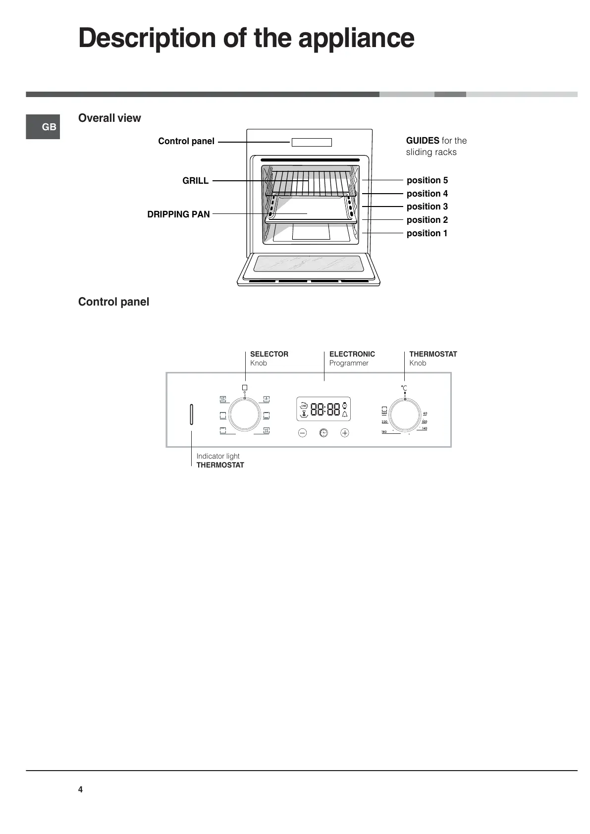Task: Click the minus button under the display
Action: [303, 433]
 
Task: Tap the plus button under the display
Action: [345, 433]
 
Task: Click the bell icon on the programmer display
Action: [345, 415]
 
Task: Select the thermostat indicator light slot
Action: [191, 415]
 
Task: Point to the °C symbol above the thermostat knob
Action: [404, 388]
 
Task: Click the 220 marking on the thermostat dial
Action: [384, 421]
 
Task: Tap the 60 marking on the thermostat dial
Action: [425, 413]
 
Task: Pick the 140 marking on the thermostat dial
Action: [425, 428]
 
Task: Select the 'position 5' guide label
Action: [427, 180]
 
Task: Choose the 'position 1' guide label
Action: [427, 233]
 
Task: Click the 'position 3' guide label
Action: [427, 207]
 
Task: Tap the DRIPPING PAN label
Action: [178, 214]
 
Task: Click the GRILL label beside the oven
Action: [195, 181]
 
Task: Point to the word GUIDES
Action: [423, 141]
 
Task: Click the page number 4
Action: [80, 789]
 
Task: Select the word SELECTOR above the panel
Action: [269, 354]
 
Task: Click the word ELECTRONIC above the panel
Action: [352, 354]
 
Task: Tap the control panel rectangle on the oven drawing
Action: [312, 143]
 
